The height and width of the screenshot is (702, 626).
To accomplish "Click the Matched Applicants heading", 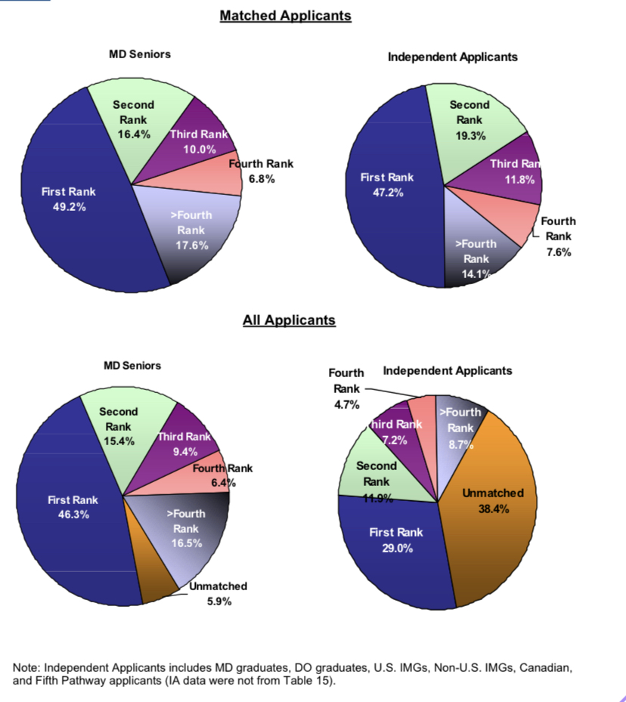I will (x=285, y=15).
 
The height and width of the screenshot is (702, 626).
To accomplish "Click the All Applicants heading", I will (x=288, y=320).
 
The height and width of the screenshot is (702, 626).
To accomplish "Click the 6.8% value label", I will (x=262, y=179).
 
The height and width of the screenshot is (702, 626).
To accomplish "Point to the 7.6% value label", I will (x=559, y=252).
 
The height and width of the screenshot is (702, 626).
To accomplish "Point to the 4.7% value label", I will (x=346, y=404).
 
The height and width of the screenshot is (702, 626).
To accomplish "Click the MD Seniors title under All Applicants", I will (x=132, y=365).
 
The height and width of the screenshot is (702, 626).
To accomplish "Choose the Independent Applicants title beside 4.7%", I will (x=448, y=370).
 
